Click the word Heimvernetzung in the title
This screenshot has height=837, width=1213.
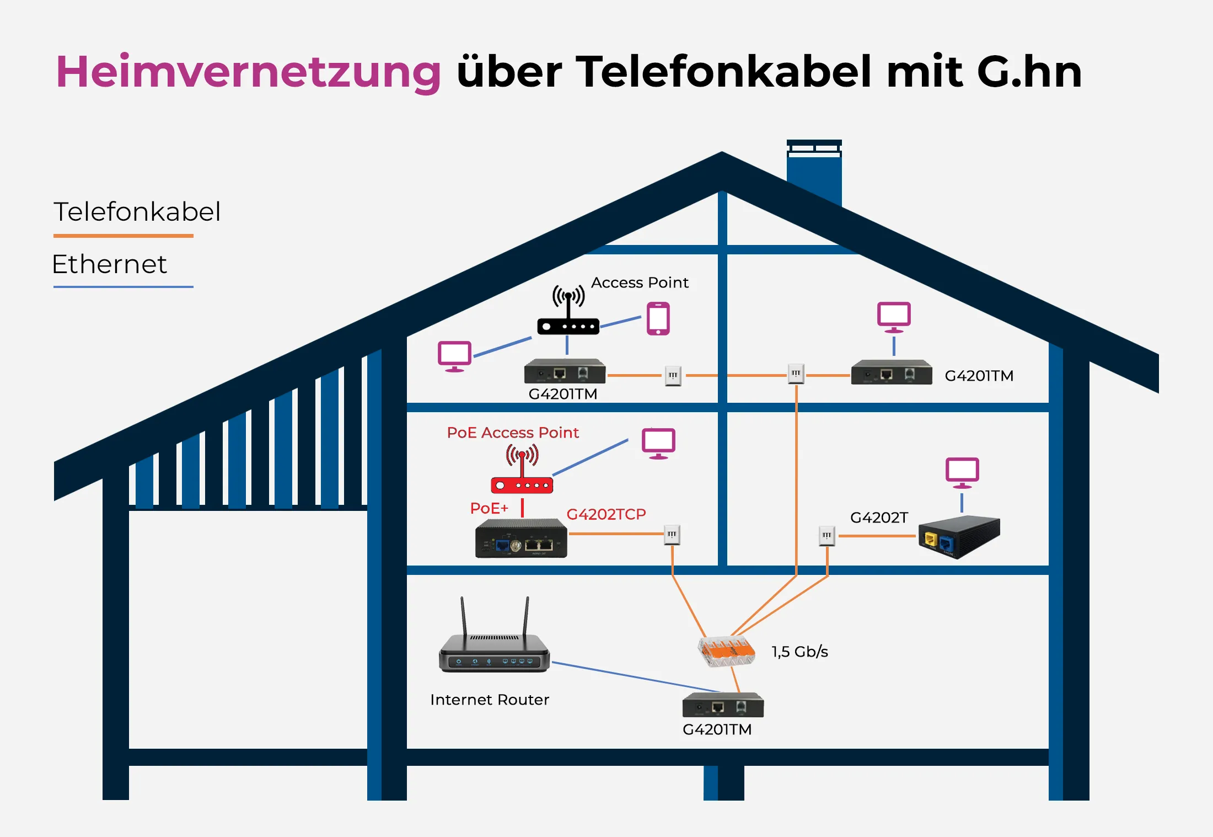(x=248, y=72)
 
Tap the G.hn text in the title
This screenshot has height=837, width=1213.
(x=1029, y=72)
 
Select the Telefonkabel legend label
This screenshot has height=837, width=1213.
(x=137, y=212)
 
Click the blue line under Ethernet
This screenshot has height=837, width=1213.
(x=123, y=287)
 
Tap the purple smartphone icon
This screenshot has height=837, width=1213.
(x=658, y=318)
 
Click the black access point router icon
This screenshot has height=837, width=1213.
(x=568, y=317)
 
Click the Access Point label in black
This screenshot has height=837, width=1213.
(x=640, y=282)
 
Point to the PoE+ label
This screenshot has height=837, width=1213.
(x=489, y=508)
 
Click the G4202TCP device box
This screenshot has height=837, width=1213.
(x=521, y=539)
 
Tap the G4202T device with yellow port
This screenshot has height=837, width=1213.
(x=959, y=537)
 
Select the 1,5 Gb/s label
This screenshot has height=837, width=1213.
(x=799, y=652)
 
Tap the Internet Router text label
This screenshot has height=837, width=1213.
(x=490, y=700)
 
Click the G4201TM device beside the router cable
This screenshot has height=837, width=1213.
(x=723, y=705)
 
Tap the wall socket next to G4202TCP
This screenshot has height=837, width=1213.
(x=672, y=535)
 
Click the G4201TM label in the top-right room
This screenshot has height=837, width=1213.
(x=979, y=376)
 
